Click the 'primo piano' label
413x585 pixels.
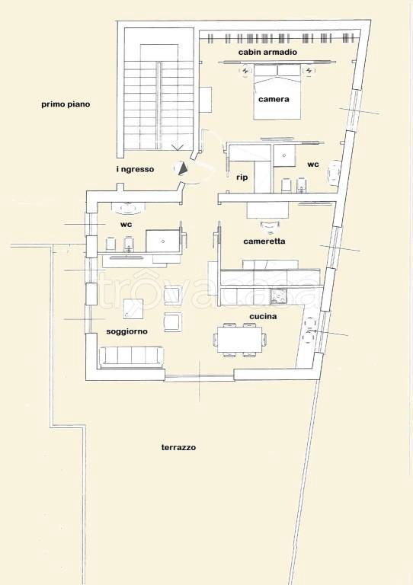pos(66,104)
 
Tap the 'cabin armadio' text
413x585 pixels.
pos(267,53)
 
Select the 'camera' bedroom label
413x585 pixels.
pos(274,99)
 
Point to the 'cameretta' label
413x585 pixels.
pos(264,241)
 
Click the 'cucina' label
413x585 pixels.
pos(263,316)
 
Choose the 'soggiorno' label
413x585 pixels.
pos(126,331)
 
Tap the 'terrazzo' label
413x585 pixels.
pos(178,447)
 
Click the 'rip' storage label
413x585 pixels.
pos(242,177)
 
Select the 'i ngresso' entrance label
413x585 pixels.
pos(135,169)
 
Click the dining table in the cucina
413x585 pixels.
pos(240,340)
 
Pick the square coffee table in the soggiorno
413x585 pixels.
pos(133,309)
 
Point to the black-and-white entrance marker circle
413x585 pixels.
pos(181,168)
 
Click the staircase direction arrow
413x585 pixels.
pos(178,147)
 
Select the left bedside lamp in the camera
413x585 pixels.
pos(245,70)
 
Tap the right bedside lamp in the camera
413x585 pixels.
pos(309,70)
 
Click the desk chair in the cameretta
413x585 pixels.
pos(270,225)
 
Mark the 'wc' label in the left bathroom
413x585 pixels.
pos(126,225)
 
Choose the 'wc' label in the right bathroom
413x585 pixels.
pos(313,165)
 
